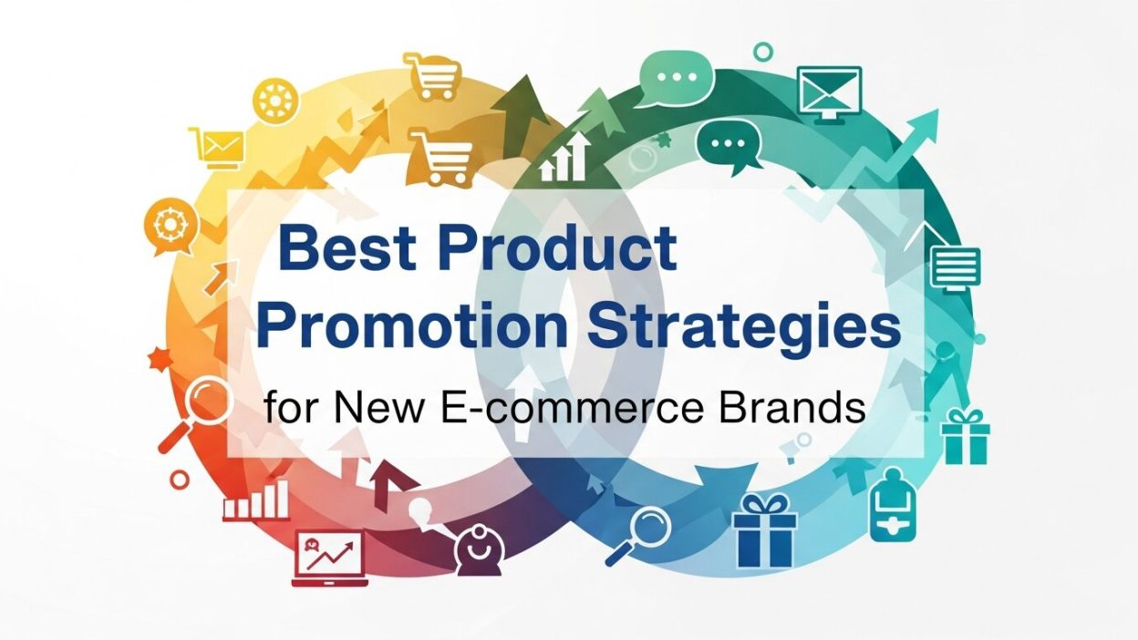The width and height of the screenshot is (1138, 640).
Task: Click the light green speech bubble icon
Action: tap(676, 77)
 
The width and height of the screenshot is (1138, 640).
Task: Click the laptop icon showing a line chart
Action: tap(328, 556)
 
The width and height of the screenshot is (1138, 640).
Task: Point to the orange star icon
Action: tap(160, 358)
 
